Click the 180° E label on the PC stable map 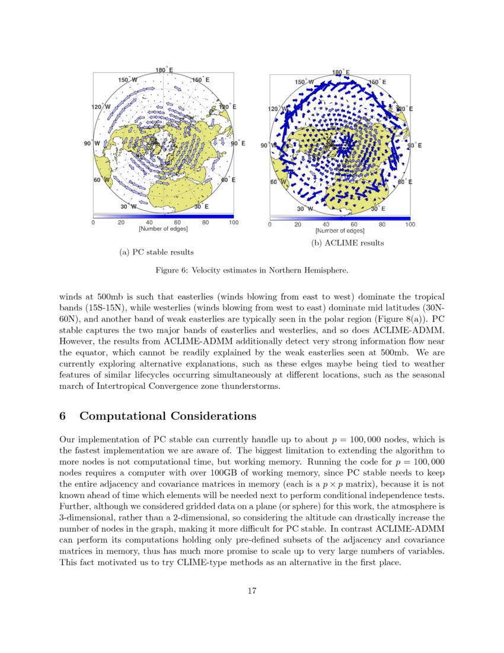tap(164, 70)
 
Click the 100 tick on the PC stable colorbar tap(234, 223)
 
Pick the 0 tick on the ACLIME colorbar tap(270, 225)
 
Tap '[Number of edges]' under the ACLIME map tap(340, 230)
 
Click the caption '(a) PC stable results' tap(157, 252)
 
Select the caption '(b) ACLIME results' tap(347, 243)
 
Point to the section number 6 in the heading tap(63, 416)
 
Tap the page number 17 tap(251, 591)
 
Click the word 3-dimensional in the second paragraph tap(87, 518)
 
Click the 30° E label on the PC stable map tap(202, 207)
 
